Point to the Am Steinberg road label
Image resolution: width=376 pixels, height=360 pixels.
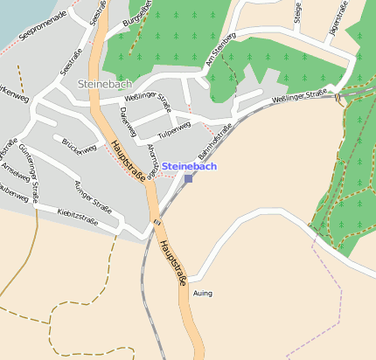pyautogui.click(x=220, y=51)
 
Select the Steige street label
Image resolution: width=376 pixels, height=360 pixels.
pyautogui.click(x=298, y=12)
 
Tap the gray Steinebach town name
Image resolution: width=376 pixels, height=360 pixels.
pyautogui.click(x=104, y=83)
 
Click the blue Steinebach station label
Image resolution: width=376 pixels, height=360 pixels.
pyautogui.click(x=189, y=165)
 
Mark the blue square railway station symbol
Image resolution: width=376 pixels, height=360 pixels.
pyautogui.click(x=188, y=179)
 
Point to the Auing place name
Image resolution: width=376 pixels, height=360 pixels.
pyautogui.click(x=202, y=294)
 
